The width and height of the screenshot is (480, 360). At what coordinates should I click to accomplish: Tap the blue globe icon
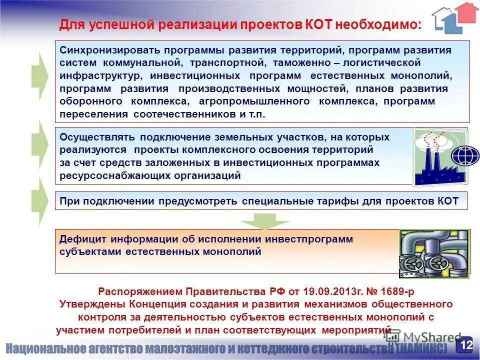(x=465, y=155)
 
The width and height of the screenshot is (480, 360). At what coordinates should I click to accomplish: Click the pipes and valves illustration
(x=433, y=253)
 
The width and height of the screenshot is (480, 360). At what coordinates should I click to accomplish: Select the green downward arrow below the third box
(x=264, y=220)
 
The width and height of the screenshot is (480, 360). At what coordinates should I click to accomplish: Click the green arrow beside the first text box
(x=39, y=75)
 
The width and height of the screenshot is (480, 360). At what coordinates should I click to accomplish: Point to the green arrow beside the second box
(x=39, y=144)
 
